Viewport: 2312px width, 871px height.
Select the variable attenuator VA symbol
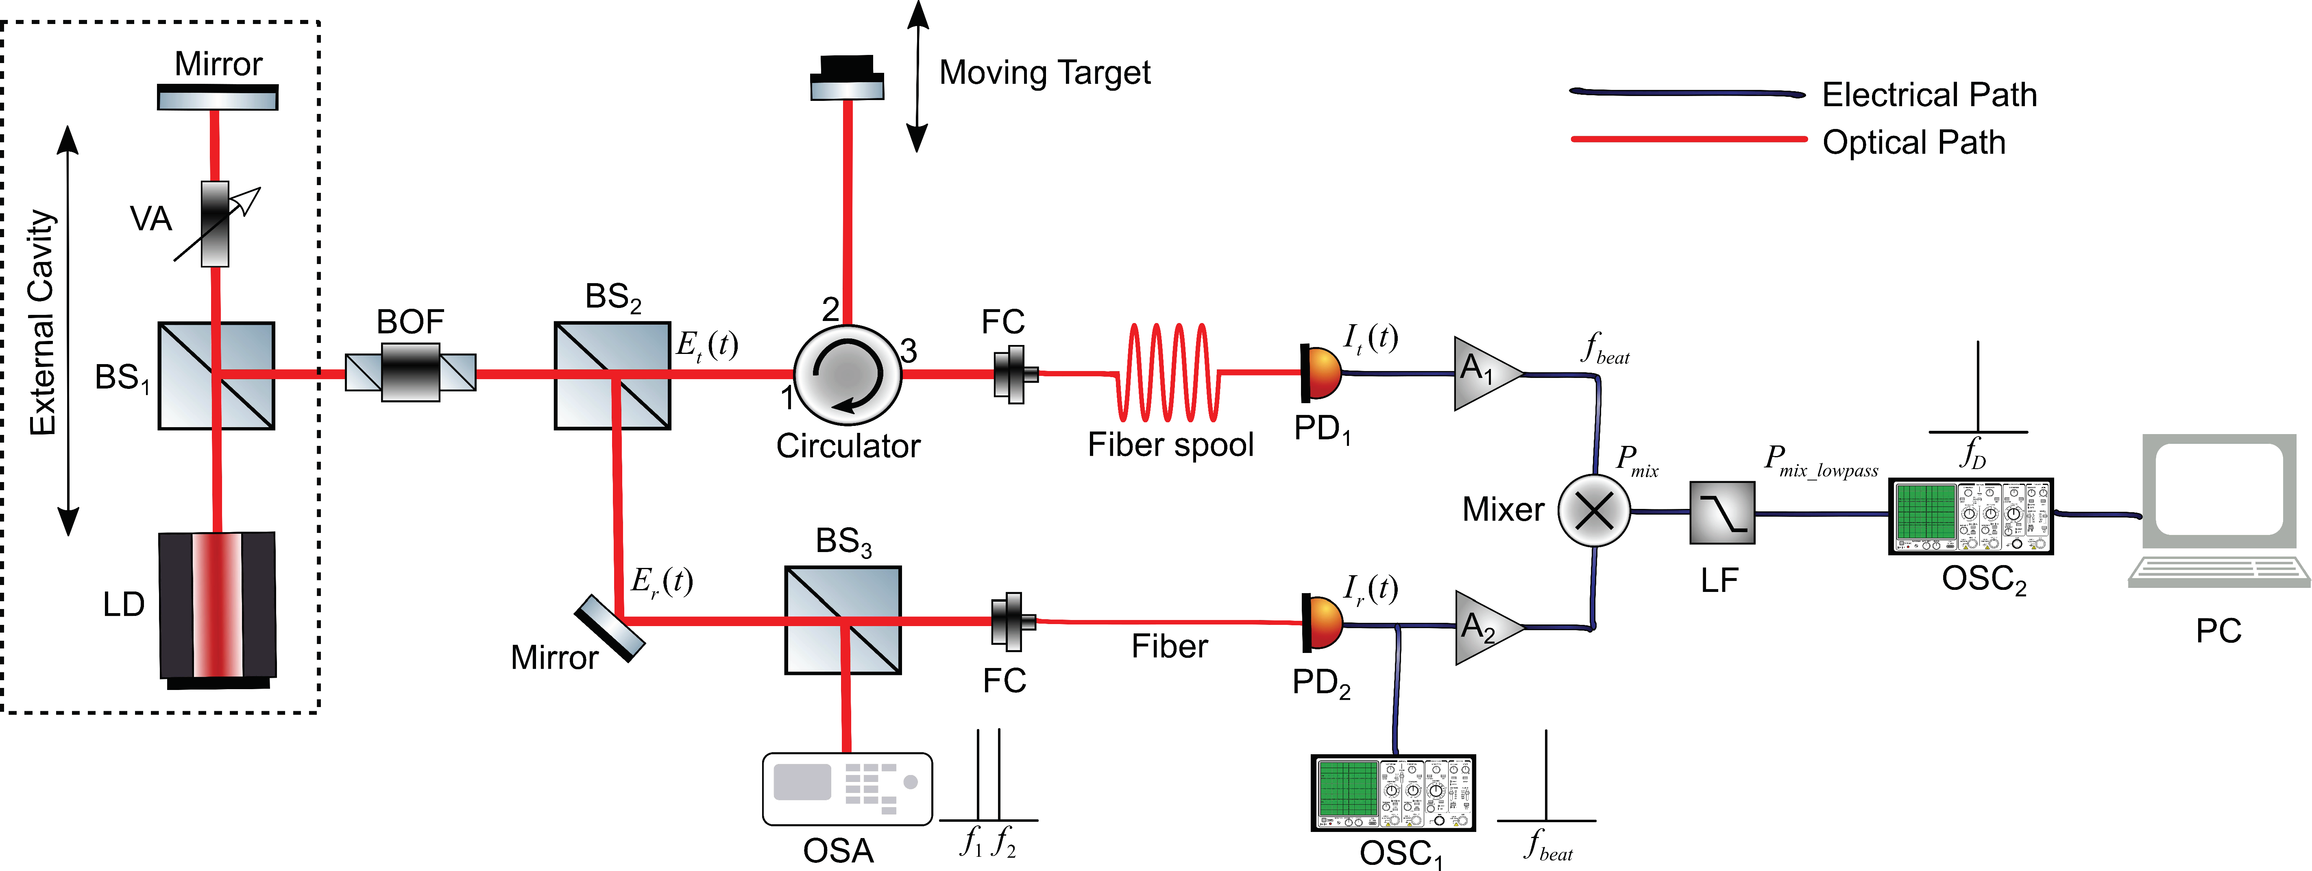click(x=214, y=225)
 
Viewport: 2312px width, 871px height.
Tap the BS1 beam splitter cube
click(x=216, y=375)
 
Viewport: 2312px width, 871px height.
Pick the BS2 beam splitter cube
click(x=612, y=375)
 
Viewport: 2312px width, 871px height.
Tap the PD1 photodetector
click(x=1321, y=373)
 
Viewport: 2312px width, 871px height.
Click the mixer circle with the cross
click(x=1594, y=511)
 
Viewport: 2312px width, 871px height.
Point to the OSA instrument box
click(x=846, y=788)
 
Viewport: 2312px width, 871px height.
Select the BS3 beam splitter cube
click(x=843, y=620)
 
